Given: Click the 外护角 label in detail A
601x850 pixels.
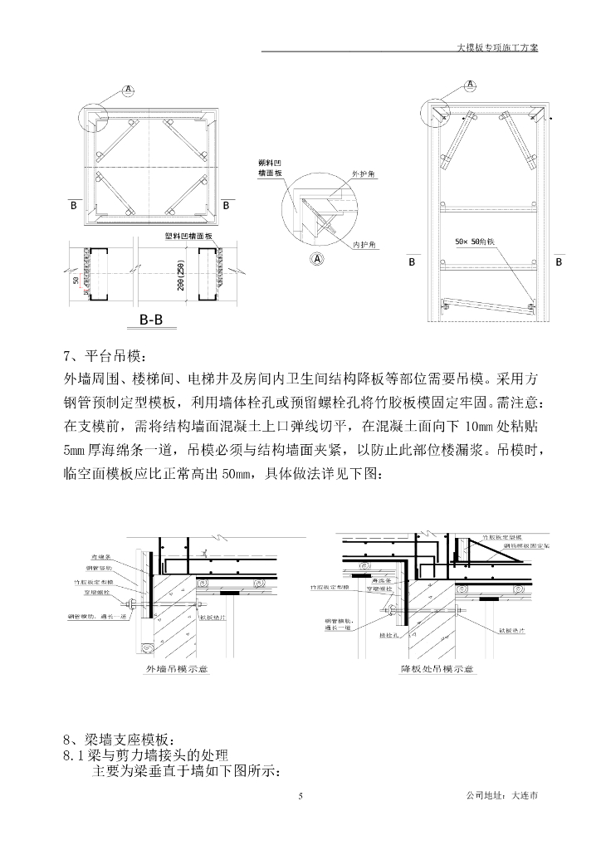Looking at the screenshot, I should point(364,175).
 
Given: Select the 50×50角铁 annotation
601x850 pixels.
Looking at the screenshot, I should point(475,242).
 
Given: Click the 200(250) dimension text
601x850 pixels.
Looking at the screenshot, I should point(180,273).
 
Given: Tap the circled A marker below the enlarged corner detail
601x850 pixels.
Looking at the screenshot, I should point(316,258).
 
